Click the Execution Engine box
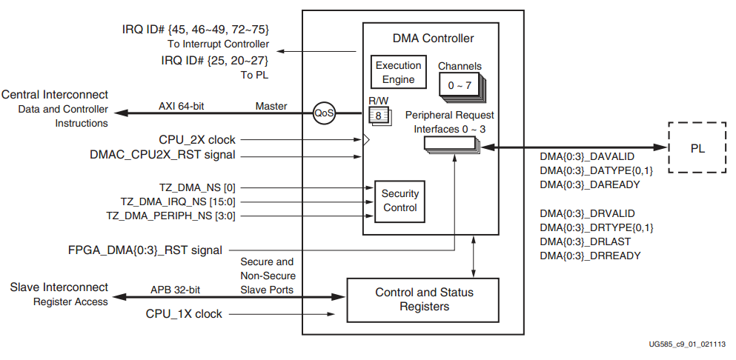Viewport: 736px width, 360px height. tap(398, 72)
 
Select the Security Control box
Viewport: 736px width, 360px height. tap(400, 201)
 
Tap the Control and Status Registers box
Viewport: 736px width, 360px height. tap(424, 299)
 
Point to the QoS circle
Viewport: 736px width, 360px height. tap(324, 113)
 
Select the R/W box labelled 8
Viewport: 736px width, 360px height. tap(378, 116)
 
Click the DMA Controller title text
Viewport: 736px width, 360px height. tap(433, 38)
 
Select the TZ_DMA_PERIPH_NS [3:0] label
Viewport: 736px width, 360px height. tap(171, 216)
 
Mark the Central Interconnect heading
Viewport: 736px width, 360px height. tap(56, 95)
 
